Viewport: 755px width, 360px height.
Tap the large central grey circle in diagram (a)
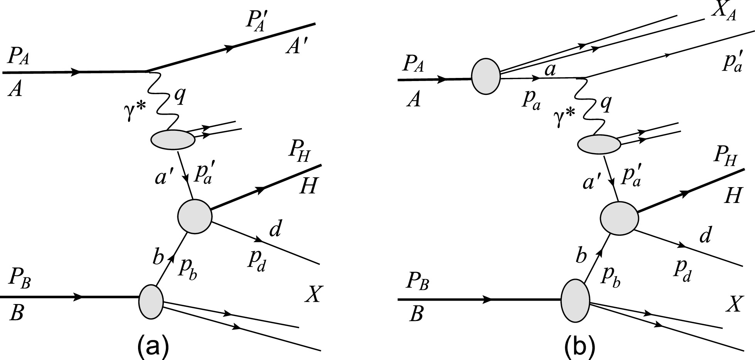(194, 216)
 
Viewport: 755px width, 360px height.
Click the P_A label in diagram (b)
(413, 64)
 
